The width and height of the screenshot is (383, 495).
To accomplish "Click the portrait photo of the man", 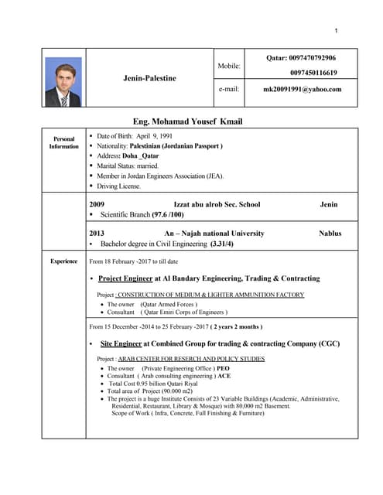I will point(63,82).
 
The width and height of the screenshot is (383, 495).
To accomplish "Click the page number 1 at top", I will point(337,30).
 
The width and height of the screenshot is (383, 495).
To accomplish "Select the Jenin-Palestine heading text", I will point(149,78).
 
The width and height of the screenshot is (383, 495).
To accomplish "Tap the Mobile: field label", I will point(230,67).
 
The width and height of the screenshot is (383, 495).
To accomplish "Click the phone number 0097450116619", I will point(313,72).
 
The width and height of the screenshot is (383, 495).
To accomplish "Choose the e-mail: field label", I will point(229,89).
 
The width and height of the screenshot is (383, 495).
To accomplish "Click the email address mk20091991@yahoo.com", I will point(302,89).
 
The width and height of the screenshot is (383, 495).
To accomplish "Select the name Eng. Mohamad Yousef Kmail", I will point(188,121).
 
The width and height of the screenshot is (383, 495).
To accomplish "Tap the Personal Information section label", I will point(64,142).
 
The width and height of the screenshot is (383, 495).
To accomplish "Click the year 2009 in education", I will point(97,204).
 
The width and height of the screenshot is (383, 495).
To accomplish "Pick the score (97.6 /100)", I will point(168,214).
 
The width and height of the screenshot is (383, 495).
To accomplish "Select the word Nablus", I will point(330,233).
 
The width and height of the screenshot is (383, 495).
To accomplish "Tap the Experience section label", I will point(64,261).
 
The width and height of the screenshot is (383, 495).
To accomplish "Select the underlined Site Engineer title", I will point(120,342).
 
